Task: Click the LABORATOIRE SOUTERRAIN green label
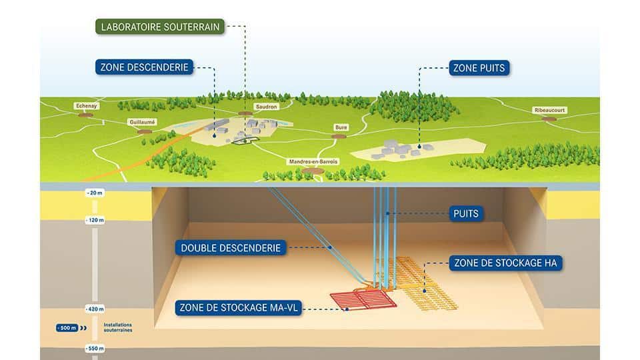(159, 27)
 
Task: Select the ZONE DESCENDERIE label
(145, 67)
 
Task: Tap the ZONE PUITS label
(479, 67)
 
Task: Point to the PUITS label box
(465, 214)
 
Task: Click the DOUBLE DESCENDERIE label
(232, 248)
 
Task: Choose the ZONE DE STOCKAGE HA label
(504, 263)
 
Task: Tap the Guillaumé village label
(143, 122)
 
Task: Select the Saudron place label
(265, 106)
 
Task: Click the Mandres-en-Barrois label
(313, 161)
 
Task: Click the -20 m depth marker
(95, 193)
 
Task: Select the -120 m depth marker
(95, 219)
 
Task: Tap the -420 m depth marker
(95, 309)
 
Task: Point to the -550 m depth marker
(95, 349)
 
